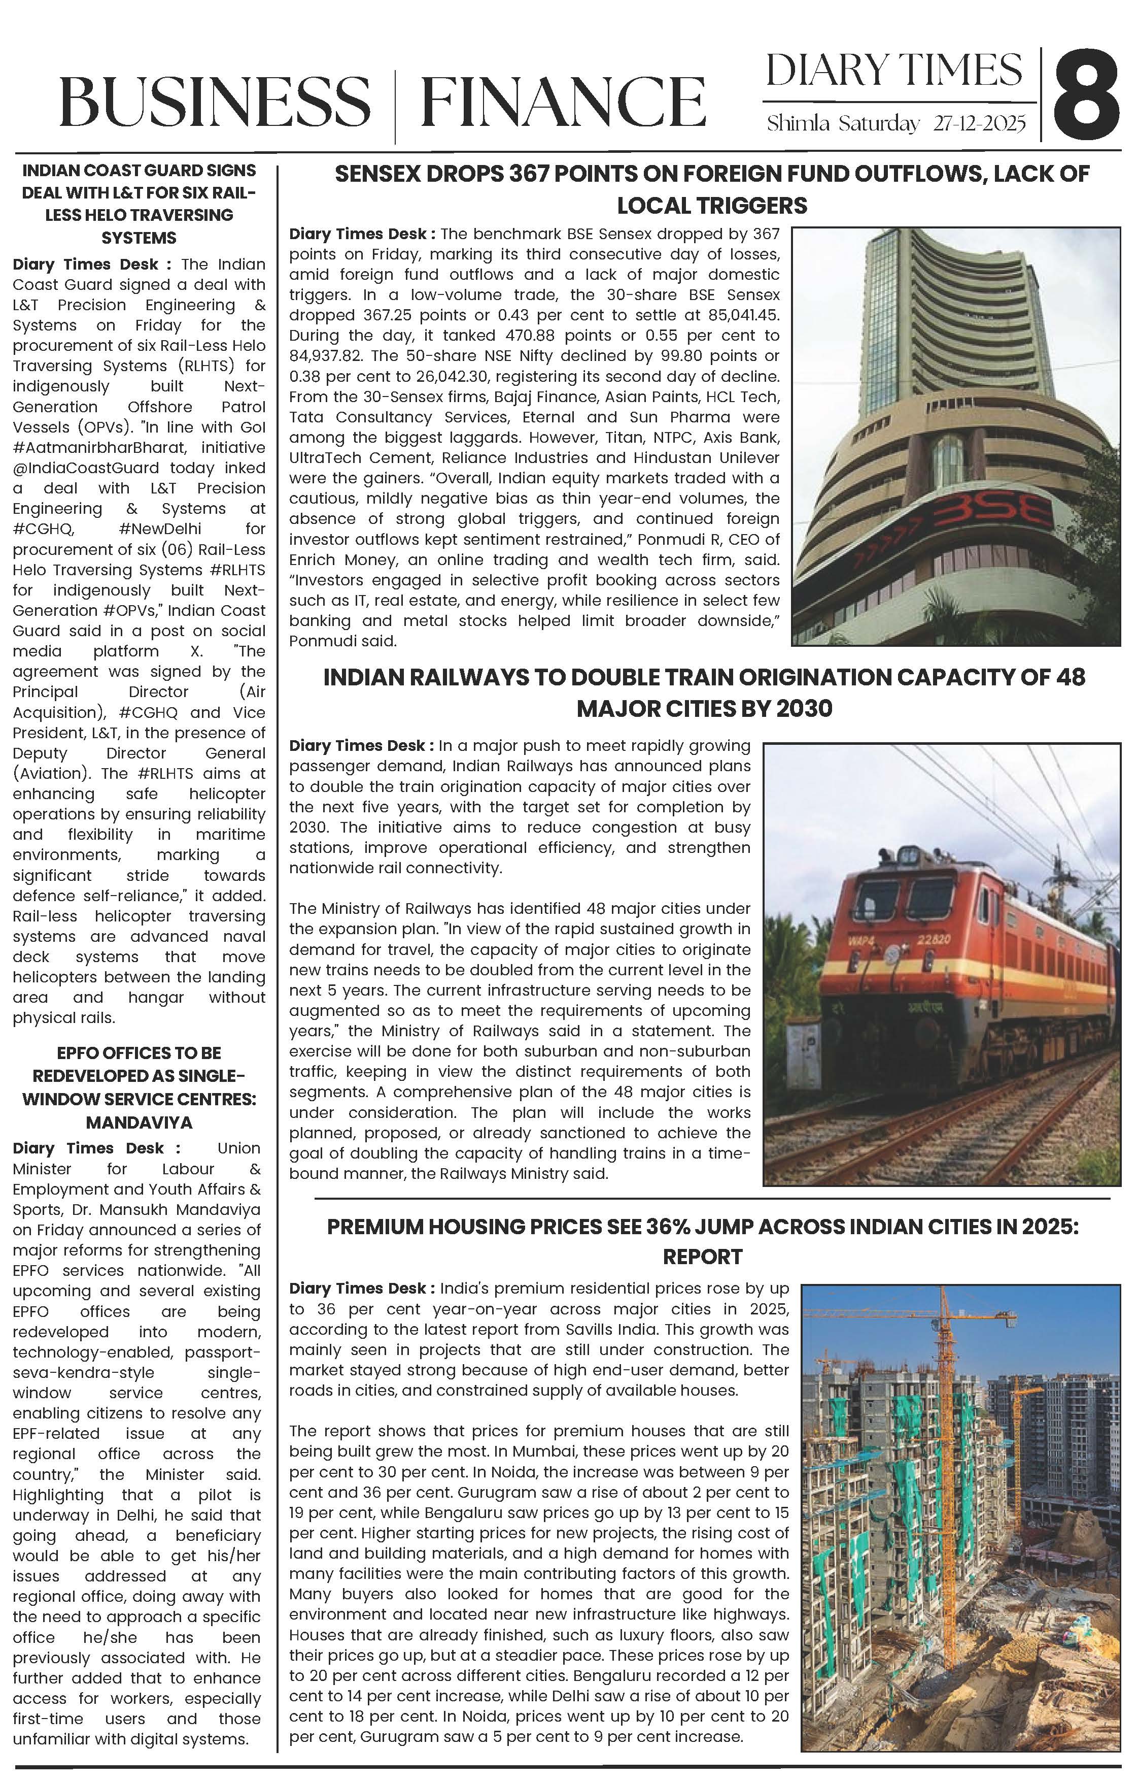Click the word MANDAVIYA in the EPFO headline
pos(139,1122)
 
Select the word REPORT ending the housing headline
pos(702,1258)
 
